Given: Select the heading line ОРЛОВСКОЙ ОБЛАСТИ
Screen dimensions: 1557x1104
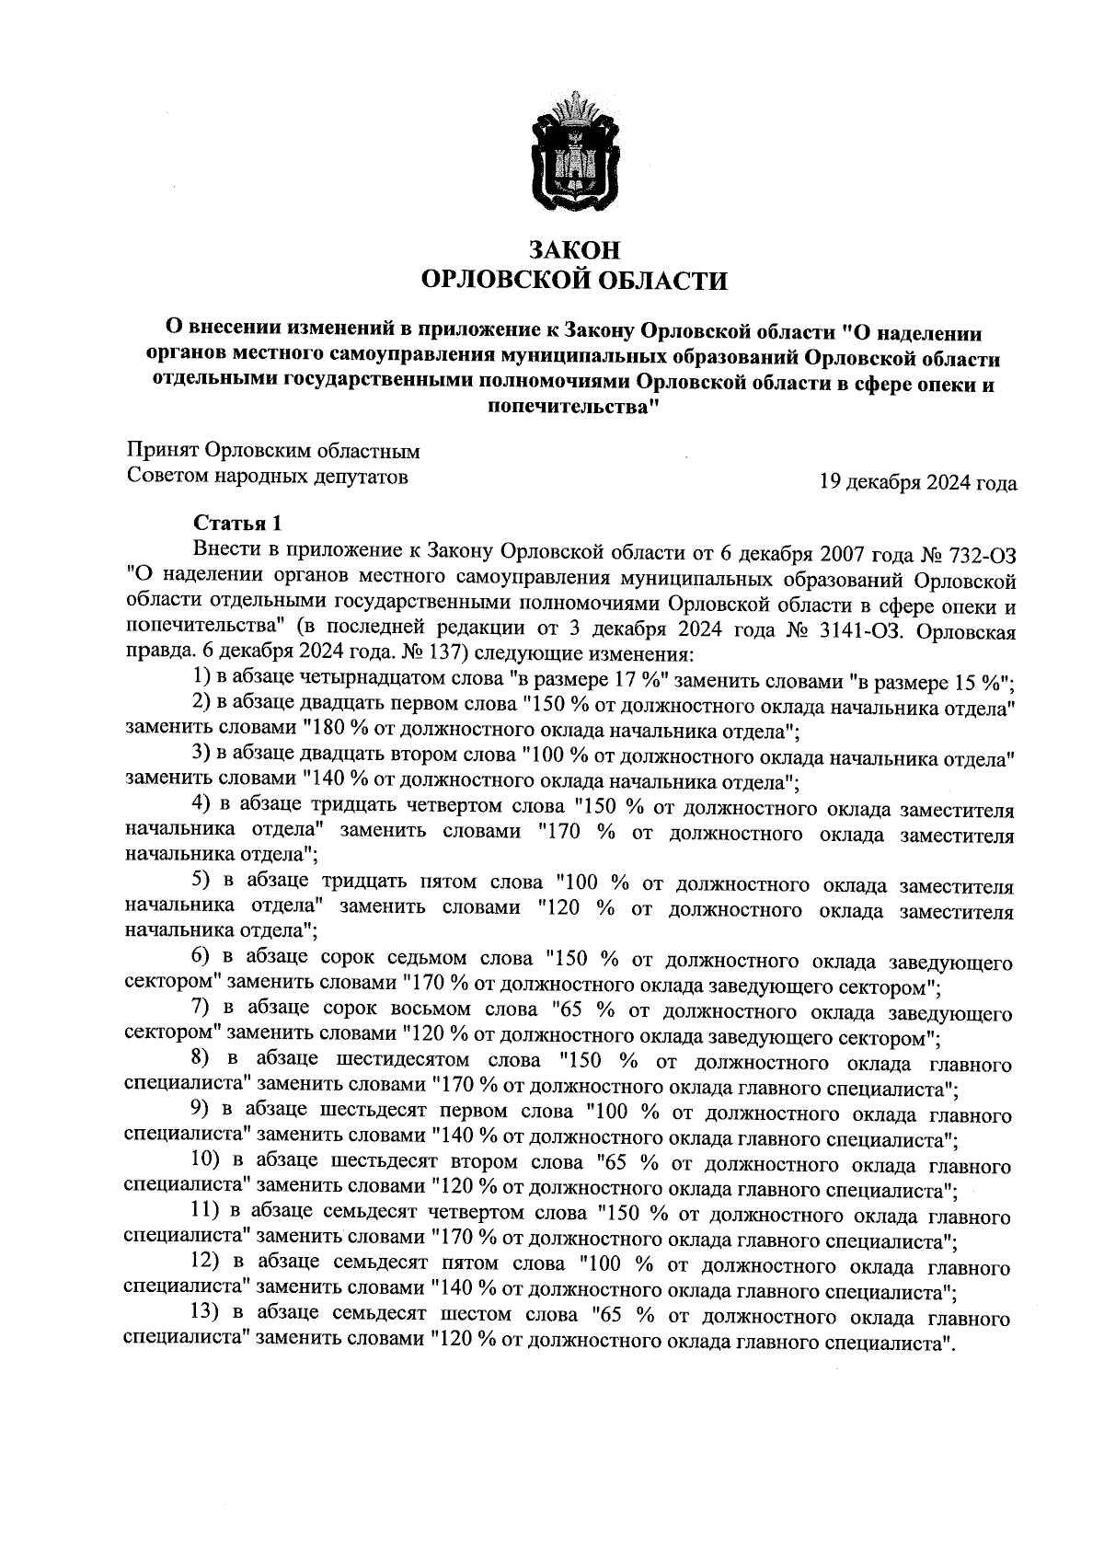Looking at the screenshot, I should click(574, 280).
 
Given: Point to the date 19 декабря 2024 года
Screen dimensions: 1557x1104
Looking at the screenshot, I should click(918, 482).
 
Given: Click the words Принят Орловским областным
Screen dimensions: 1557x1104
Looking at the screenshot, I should click(273, 452).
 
